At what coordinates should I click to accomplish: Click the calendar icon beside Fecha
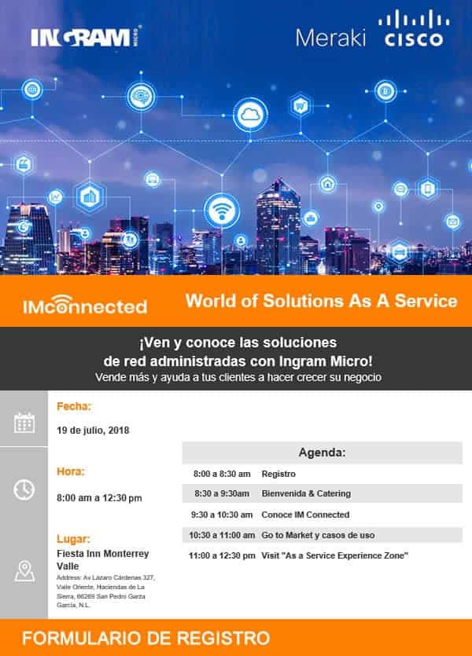24,423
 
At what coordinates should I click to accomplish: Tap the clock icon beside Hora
24,489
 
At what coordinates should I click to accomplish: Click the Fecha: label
74,407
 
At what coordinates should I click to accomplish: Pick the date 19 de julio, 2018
93,430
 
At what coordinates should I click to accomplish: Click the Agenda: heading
322,453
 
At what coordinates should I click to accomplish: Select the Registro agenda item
278,475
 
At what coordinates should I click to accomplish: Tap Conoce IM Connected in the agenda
305,515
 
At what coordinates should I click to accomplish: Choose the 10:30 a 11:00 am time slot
222,535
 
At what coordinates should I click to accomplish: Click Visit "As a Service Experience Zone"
335,555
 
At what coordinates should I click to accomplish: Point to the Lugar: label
74,540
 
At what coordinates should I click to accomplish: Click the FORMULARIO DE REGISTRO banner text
146,637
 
